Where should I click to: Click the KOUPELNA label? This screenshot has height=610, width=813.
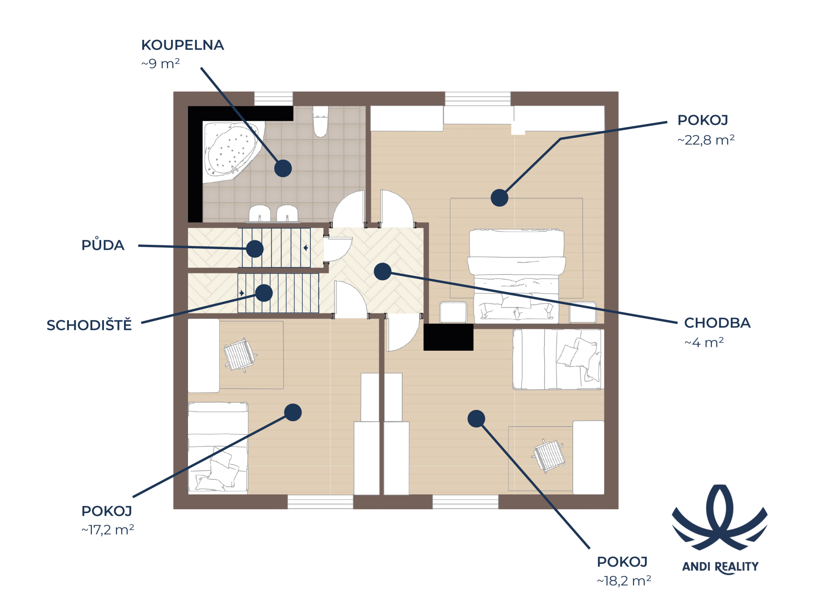pos(183,45)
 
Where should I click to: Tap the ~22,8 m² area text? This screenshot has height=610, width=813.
pos(706,140)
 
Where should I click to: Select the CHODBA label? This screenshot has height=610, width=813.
pos(717,323)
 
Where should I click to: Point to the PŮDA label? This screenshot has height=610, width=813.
pos(103,245)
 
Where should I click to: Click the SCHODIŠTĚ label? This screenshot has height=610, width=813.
pos(89,325)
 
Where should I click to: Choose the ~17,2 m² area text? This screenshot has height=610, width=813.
pos(108,530)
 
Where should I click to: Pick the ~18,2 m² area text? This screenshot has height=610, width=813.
pos(624,580)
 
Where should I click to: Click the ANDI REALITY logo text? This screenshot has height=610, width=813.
pos(720,567)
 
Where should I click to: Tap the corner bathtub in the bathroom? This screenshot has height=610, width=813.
pos(231,150)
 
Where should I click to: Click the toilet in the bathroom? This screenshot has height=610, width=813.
pos(321,122)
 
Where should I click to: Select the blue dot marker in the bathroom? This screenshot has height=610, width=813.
pos(283,168)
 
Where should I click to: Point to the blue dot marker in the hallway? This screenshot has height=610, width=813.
pos(382,272)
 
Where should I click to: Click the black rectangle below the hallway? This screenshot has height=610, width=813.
pos(448,337)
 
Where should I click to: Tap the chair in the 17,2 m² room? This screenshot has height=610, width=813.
pos(240,355)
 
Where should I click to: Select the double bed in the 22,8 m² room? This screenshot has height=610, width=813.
pos(517,275)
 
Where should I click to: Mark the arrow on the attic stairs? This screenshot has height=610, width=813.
pos(305,248)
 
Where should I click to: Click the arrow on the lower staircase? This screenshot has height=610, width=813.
pos(242,293)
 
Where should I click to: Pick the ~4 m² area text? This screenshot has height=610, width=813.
pos(704,342)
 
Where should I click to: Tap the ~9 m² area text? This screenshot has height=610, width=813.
pos(160,64)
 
